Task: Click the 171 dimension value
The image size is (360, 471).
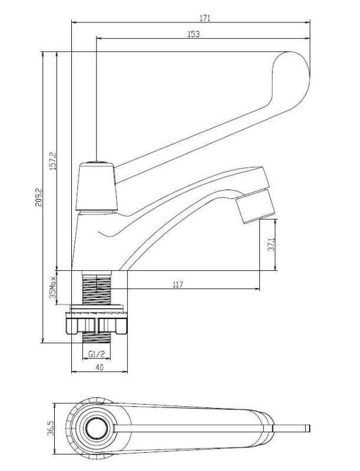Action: click(x=204, y=18)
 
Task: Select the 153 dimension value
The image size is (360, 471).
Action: click(x=193, y=34)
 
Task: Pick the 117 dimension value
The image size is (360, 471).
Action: click(x=178, y=284)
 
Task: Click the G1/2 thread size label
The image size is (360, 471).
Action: click(x=97, y=354)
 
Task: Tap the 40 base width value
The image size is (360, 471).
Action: click(x=99, y=367)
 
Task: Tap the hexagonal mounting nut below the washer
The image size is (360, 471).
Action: click(x=97, y=324)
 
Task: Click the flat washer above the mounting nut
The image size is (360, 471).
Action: click(x=97, y=307)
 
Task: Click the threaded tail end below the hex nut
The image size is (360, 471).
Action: click(x=97, y=339)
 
